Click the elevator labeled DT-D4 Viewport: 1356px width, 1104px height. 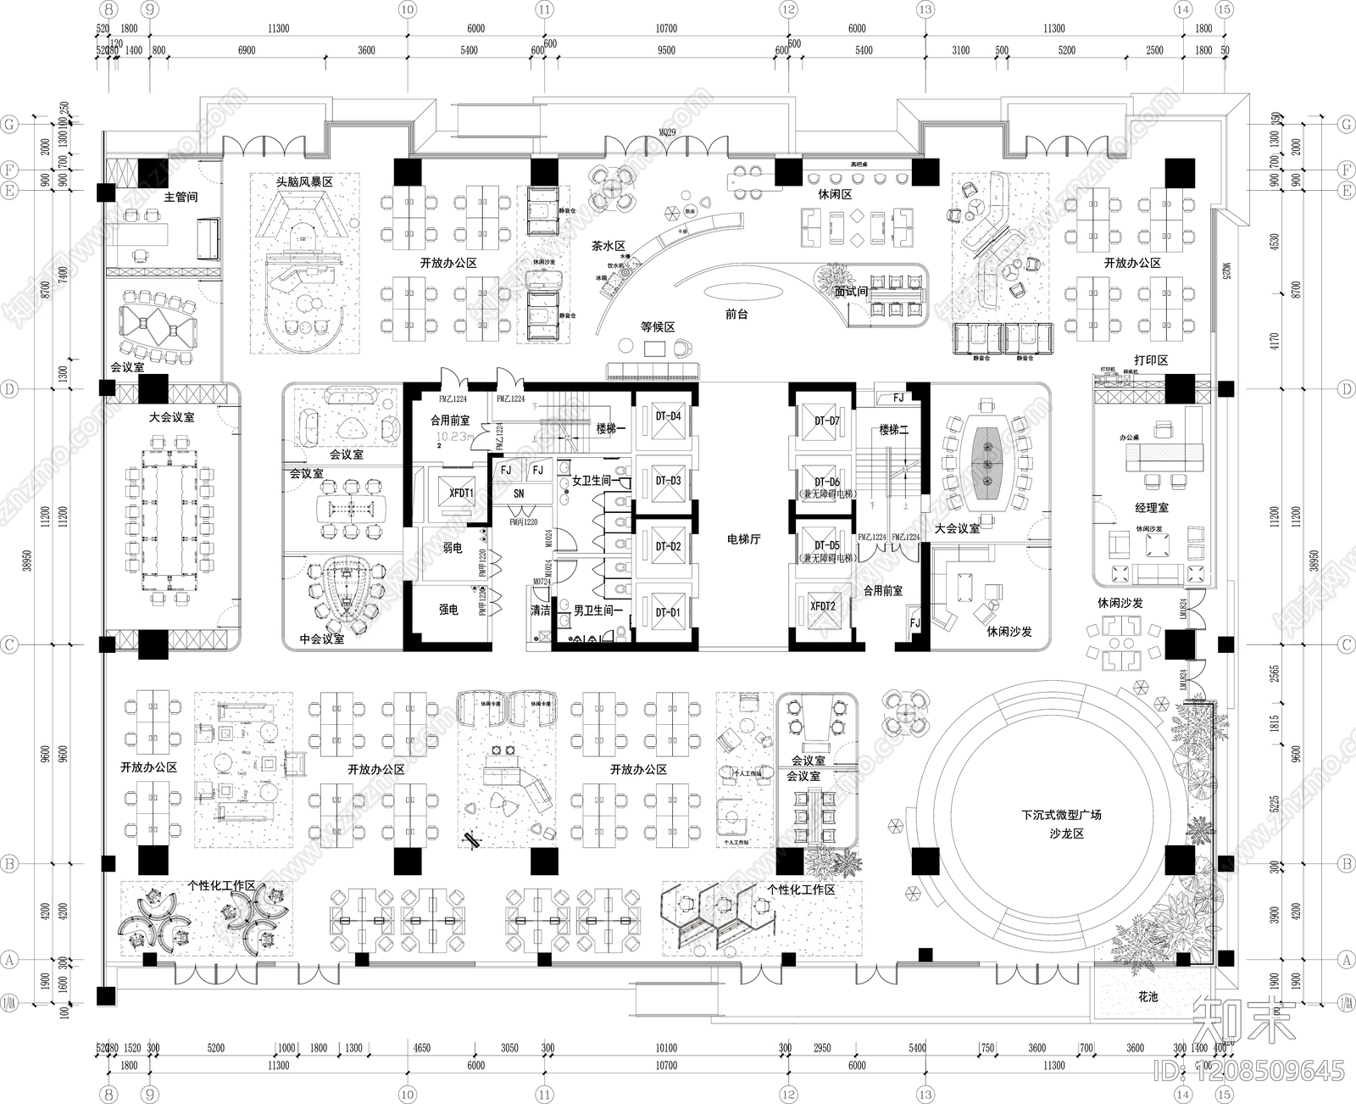coord(668,416)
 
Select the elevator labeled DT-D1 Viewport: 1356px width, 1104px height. coord(668,612)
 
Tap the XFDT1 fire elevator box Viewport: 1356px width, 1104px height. coord(461,493)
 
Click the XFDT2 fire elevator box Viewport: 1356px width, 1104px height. coord(822,606)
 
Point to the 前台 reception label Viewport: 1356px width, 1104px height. coord(736,314)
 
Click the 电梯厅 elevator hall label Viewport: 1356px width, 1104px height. coord(743,538)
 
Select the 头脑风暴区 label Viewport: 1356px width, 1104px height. coord(304,182)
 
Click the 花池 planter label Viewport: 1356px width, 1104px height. coord(1148,996)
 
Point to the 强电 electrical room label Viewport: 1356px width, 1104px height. coord(448,610)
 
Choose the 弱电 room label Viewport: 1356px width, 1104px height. coord(453,548)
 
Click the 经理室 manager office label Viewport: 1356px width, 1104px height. coord(1152,507)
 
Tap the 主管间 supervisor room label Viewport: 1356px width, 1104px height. coord(181,197)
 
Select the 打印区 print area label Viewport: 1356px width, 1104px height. coord(1151,360)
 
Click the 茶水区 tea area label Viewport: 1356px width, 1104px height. coord(608,246)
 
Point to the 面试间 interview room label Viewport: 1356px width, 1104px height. coord(851,292)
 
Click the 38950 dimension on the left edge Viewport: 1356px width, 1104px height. coord(28,560)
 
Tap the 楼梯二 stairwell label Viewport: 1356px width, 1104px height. coord(893,430)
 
